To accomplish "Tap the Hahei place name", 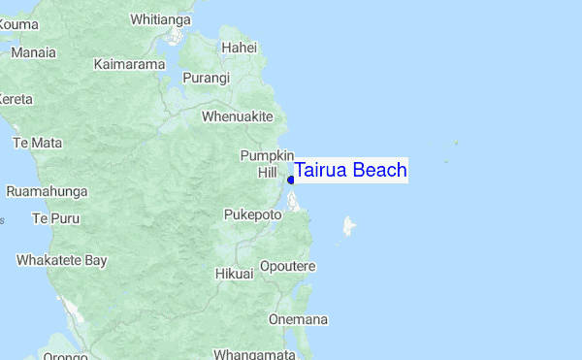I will (x=239, y=47).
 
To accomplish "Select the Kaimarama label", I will (x=131, y=64).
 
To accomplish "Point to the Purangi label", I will (x=207, y=78).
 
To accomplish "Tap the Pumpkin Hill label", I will (x=267, y=163).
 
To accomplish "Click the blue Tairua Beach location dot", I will (x=291, y=180).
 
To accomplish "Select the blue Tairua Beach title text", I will (x=350, y=171).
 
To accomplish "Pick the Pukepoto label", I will (x=252, y=213).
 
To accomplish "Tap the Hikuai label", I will (x=235, y=274).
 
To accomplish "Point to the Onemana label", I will (x=298, y=319).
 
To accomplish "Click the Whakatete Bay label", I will (x=61, y=260).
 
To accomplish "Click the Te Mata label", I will (x=37, y=143).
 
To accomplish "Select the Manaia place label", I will (x=33, y=51).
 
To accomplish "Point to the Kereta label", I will (x=16, y=99).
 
